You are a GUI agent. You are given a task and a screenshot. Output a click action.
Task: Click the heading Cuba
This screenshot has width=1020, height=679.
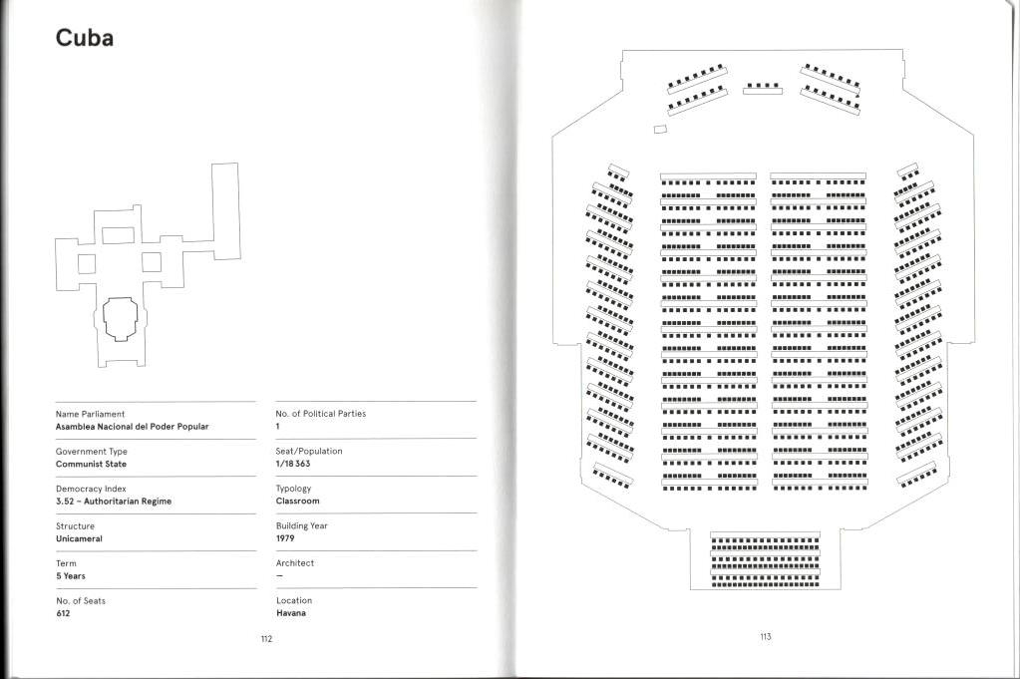pos(85,38)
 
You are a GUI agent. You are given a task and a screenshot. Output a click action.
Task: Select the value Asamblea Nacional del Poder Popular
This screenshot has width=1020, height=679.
pos(132,427)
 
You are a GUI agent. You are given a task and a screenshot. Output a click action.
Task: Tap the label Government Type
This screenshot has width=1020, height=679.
pos(92,452)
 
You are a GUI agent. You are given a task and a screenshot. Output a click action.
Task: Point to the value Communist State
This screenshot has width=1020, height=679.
pos(91,464)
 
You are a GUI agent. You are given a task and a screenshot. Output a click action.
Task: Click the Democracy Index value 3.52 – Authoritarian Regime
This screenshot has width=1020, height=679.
pos(114,502)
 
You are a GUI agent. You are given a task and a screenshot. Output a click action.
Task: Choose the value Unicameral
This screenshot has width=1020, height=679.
pos(79,538)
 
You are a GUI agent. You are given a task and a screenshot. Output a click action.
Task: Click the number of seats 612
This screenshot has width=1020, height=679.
pos(64,613)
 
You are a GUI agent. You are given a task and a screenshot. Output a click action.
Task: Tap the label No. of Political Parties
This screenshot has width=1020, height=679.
pos(320,414)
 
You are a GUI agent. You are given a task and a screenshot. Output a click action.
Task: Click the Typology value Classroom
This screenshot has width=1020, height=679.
pos(297,502)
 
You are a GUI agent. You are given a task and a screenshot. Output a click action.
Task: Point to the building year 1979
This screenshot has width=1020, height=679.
pos(285,538)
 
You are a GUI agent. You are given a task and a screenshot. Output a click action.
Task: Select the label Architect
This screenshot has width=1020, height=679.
pos(294,563)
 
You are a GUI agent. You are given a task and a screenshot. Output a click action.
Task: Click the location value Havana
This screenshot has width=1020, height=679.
pos(291,613)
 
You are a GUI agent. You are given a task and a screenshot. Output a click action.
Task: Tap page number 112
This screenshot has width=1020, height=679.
pos(266,639)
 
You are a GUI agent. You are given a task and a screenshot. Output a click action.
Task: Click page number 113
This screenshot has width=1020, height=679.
pos(765,637)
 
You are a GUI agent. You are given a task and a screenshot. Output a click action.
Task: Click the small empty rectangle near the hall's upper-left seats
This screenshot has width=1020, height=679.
pos(659,130)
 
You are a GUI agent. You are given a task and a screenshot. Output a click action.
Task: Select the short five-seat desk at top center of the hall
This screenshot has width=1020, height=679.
pos(763,89)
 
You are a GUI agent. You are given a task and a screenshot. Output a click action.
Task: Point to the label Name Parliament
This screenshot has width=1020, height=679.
pos(91,414)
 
